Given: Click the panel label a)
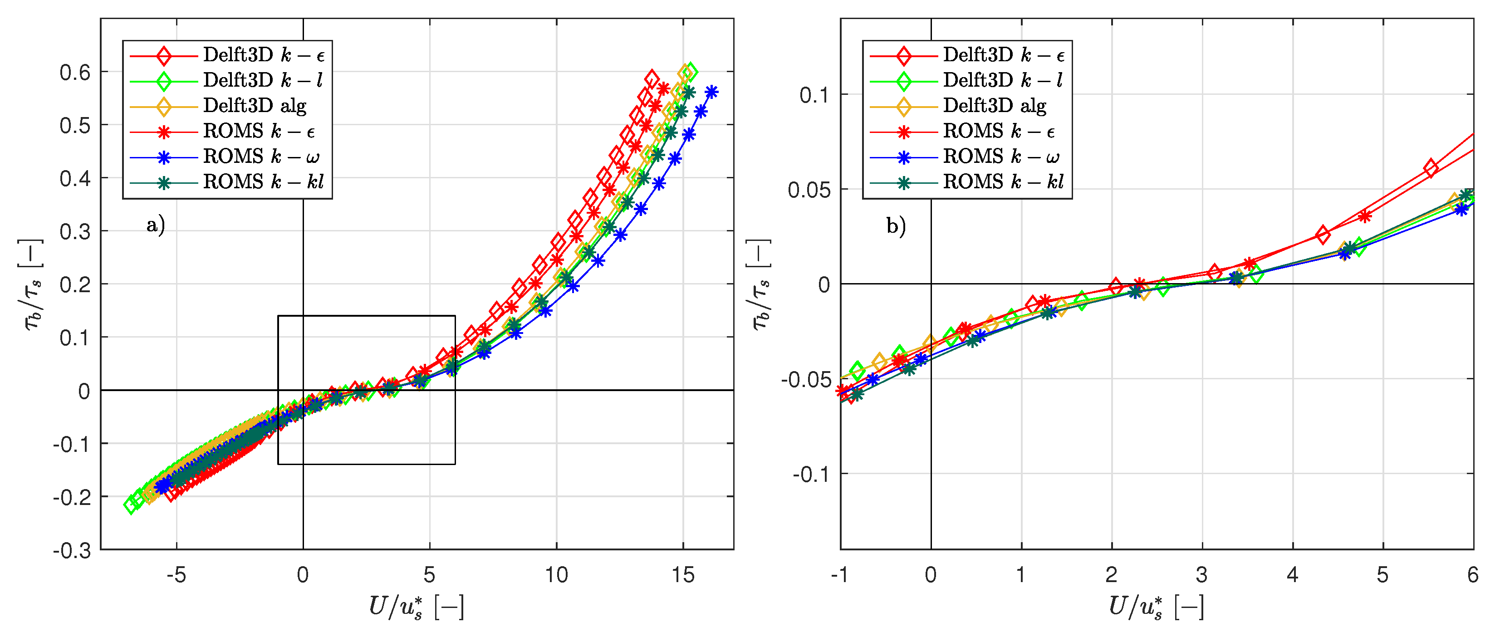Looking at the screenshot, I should (x=156, y=225).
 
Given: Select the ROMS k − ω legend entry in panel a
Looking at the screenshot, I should (x=260, y=157).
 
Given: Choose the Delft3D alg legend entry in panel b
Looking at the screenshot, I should (x=994, y=106).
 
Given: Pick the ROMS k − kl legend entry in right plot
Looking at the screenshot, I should (x=1003, y=182).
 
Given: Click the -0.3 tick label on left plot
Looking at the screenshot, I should (x=73, y=550).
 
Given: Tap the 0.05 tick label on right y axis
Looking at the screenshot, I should (x=809, y=190).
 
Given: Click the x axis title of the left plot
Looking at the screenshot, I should (x=417, y=608).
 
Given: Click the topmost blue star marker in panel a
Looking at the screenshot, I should (x=711, y=92).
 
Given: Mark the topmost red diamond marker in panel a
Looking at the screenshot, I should (x=652, y=78).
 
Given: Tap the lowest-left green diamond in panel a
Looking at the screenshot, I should (x=132, y=505).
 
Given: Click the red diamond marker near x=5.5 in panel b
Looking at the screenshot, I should (x=1431, y=168).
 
